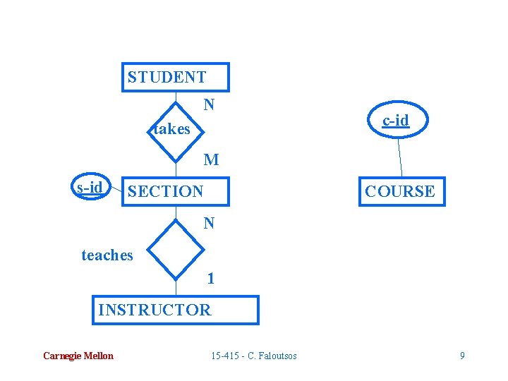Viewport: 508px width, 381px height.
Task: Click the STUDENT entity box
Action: click(176, 77)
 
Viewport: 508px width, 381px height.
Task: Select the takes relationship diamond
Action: click(176, 128)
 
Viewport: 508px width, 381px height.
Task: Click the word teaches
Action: click(107, 255)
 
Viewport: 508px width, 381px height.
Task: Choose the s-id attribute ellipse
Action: click(90, 187)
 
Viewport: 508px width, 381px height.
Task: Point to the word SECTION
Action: click(165, 191)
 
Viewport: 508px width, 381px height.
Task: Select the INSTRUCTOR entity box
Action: click(175, 310)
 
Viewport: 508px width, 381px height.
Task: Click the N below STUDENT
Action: click(209, 105)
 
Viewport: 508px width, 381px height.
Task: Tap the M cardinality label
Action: click(211, 160)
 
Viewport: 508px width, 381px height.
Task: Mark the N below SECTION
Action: click(209, 224)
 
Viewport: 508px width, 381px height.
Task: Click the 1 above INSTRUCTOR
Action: click(210, 278)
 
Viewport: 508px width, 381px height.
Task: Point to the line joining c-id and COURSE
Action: click(399, 157)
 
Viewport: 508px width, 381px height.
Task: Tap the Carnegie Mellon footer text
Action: click(78, 356)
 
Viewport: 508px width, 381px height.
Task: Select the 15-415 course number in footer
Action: click(225, 356)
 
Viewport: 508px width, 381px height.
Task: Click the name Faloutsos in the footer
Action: click(276, 356)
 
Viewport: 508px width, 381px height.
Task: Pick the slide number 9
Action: click(462, 356)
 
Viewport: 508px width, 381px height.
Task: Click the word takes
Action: click(171, 129)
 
